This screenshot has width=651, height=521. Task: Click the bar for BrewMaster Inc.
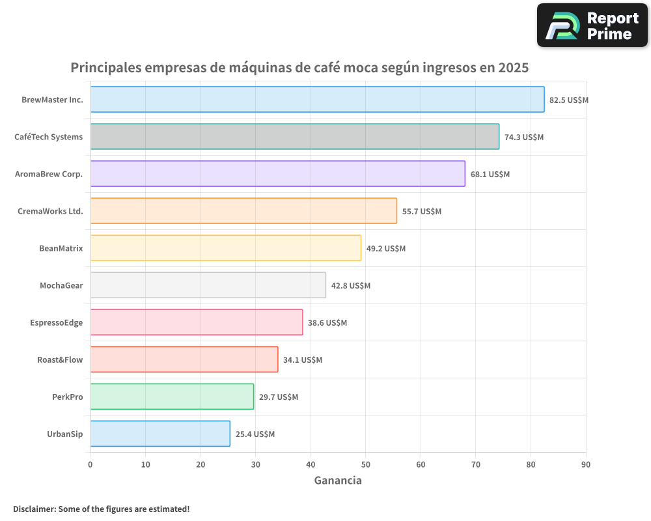coord(317,100)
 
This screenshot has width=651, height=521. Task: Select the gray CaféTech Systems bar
coord(294,137)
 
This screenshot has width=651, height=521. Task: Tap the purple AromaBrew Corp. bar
coord(277,174)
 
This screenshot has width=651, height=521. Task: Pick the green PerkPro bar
coord(172,397)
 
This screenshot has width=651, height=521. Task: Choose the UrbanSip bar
coord(160,434)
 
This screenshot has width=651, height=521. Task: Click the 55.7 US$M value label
coord(421,212)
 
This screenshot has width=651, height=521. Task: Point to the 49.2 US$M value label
coord(385,249)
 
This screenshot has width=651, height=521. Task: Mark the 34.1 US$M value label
coord(302,360)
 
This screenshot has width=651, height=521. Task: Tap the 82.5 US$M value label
coord(568,100)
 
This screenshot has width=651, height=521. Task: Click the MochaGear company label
coord(61,285)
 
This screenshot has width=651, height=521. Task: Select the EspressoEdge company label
coord(57,322)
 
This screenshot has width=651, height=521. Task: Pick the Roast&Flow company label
coord(60,359)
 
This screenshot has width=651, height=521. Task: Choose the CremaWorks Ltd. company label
coord(50,211)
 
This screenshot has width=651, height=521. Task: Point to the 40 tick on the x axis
coord(311,464)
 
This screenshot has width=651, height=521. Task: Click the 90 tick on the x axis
coord(586,464)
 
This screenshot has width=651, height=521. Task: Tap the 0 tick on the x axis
coord(90,464)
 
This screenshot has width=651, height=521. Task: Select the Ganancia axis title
coord(338,481)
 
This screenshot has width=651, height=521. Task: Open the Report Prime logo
coord(592,25)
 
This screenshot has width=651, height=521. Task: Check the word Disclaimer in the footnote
coord(33,509)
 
